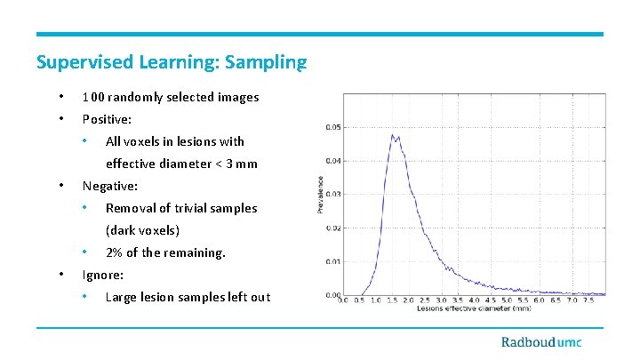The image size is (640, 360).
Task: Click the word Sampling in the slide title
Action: click(x=266, y=62)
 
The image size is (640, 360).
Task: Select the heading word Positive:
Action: click(x=111, y=119)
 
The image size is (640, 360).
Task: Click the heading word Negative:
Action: click(x=110, y=186)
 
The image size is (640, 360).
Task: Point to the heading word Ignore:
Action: click(x=103, y=275)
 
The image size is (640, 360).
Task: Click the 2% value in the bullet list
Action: click(x=114, y=252)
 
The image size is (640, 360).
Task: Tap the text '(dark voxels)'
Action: click(x=142, y=230)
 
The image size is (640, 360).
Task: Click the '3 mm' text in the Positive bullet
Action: click(x=242, y=164)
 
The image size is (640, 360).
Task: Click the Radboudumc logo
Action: click(x=551, y=342)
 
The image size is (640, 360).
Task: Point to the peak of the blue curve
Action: click(x=392, y=135)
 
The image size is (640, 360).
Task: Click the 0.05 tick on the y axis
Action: click(x=331, y=127)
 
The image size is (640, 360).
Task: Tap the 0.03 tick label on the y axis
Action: click(x=331, y=195)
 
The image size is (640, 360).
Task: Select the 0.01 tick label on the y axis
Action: click(x=331, y=261)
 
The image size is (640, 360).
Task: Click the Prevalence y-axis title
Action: click(x=320, y=194)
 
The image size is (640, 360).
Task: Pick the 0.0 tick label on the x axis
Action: click(x=344, y=300)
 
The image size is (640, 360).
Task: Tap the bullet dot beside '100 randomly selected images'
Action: click(x=60, y=97)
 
